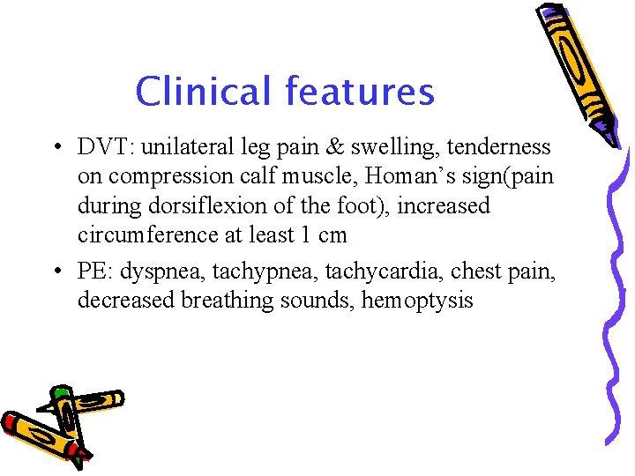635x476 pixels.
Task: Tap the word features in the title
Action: (x=360, y=91)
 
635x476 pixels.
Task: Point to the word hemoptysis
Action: (x=417, y=301)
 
